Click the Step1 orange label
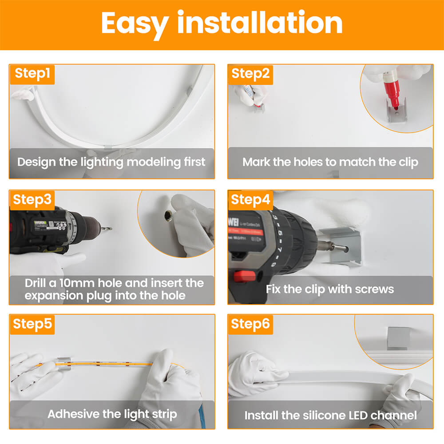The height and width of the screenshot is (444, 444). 32,75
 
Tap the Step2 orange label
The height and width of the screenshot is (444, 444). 250,75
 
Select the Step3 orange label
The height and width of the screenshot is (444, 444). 32,200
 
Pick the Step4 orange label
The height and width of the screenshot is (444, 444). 250,200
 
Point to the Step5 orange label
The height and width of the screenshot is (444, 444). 32,324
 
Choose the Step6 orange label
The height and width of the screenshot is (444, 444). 250,324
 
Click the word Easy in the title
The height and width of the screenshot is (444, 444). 135,24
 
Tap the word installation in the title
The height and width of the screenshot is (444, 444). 260,22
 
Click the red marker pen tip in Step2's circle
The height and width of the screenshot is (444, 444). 396,106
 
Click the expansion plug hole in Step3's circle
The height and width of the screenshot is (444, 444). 168,216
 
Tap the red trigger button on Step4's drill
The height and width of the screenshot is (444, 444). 244,276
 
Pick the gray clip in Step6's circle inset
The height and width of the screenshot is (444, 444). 398,338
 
